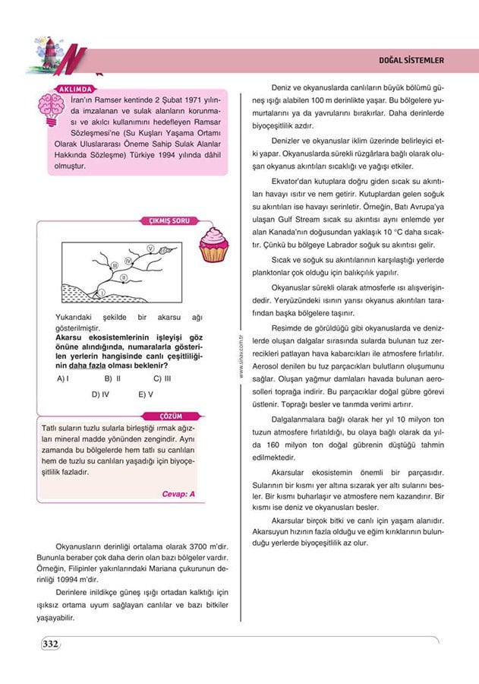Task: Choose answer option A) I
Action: point(64,378)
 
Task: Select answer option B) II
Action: point(113,378)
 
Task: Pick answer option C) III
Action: point(162,378)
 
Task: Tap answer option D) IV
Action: point(101,394)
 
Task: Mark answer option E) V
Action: point(146,394)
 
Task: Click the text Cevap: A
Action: point(179,493)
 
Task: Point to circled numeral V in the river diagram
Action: point(150,249)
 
